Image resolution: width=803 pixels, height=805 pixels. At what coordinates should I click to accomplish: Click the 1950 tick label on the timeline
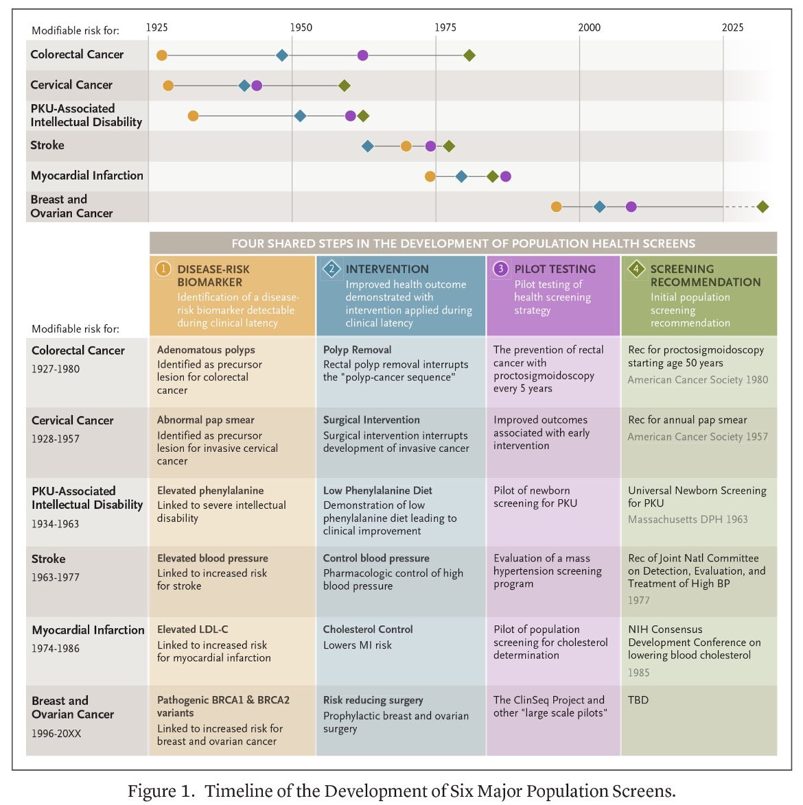(x=301, y=27)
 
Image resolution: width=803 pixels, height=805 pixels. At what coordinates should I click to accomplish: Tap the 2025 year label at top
(x=732, y=27)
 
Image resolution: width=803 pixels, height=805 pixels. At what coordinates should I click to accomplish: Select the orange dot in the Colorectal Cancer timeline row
(x=162, y=56)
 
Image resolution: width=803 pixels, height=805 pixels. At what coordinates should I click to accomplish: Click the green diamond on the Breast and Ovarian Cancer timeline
(x=763, y=206)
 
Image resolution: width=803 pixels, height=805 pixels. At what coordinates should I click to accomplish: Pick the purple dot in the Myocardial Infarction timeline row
(x=506, y=177)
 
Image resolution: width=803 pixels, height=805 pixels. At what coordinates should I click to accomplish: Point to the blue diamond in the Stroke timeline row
(x=368, y=146)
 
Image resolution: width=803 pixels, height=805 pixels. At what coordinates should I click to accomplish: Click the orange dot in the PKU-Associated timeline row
(x=194, y=116)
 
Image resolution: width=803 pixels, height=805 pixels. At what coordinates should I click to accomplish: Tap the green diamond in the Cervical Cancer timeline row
(x=345, y=86)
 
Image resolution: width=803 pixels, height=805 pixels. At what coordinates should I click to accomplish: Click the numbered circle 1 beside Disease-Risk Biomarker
(x=163, y=269)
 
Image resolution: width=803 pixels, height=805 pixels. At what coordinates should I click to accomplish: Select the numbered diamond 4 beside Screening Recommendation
(x=636, y=269)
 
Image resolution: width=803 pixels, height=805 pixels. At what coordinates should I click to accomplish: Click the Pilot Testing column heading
(x=555, y=269)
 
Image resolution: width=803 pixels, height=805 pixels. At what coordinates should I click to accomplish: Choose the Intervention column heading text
(x=387, y=269)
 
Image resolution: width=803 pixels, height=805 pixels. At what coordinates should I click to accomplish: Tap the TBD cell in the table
(x=638, y=700)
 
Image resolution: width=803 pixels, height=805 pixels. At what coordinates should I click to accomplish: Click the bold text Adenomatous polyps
(x=206, y=350)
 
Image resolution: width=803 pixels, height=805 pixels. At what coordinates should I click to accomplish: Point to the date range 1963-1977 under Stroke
(x=56, y=577)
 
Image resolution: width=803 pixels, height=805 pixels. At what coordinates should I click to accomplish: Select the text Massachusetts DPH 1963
(x=688, y=519)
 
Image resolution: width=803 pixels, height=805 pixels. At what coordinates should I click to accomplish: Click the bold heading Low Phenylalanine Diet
(x=377, y=490)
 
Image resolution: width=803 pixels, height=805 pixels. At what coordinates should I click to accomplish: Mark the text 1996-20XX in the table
(x=56, y=734)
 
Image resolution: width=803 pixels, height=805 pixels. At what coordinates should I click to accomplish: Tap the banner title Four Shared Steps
(x=463, y=243)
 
